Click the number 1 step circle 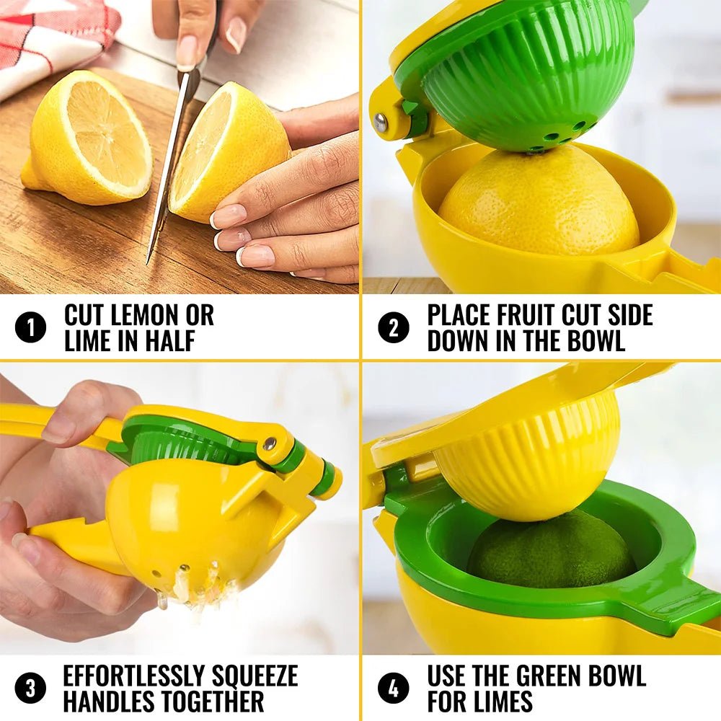30,328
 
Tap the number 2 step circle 393,328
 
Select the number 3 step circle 30,688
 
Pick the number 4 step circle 393,688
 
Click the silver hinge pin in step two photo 381,123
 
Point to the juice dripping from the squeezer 191,588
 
